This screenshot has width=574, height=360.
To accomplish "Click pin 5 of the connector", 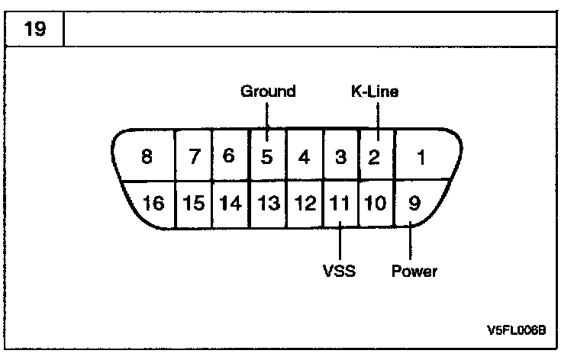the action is [267, 158].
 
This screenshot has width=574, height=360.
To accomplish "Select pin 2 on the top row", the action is [374, 158].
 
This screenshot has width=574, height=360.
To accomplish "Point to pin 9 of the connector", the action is [414, 204].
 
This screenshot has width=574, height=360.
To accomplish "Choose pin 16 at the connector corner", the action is [153, 204].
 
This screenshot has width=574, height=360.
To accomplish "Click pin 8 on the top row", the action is [147, 158].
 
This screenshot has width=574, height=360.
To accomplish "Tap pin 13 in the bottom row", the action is [267, 204].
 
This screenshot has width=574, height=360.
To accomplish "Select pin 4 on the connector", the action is [305, 158].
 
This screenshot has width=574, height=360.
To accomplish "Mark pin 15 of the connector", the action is [194, 204].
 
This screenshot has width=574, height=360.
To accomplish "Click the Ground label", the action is [268, 92].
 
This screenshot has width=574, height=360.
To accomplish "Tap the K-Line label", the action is [375, 92].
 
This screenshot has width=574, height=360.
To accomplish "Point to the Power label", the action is [414, 271].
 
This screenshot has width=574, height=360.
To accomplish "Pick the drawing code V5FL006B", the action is [516, 331].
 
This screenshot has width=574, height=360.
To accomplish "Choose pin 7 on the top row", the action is [194, 158].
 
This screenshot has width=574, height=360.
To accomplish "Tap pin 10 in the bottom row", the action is [376, 204].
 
